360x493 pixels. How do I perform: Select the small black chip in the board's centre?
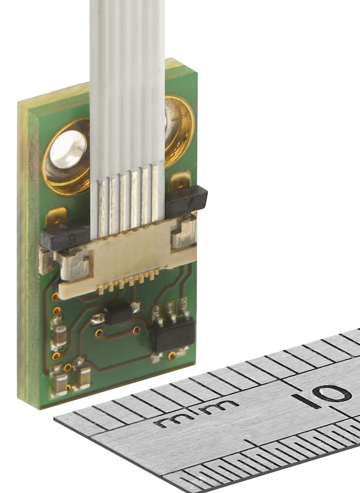coord(119,313)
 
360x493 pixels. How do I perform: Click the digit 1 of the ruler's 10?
coord(299,400)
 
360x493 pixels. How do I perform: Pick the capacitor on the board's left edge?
coord(58,336)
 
